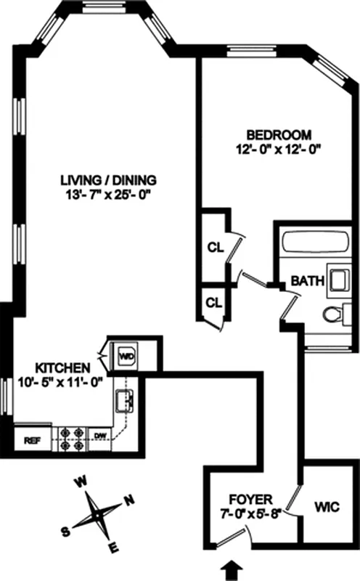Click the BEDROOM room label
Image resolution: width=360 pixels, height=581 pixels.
[279, 135]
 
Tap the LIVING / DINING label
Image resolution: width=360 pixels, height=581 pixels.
[109, 180]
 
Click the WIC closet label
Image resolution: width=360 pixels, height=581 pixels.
[327, 506]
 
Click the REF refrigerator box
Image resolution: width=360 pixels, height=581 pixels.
[33, 439]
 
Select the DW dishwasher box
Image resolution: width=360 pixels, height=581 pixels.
[99, 436]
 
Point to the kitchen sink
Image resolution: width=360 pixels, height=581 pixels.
[123, 400]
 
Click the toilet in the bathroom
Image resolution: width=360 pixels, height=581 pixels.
[335, 314]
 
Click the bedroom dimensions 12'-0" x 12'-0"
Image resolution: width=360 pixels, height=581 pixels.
[284, 150]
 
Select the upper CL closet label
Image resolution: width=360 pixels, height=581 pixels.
[215, 247]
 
